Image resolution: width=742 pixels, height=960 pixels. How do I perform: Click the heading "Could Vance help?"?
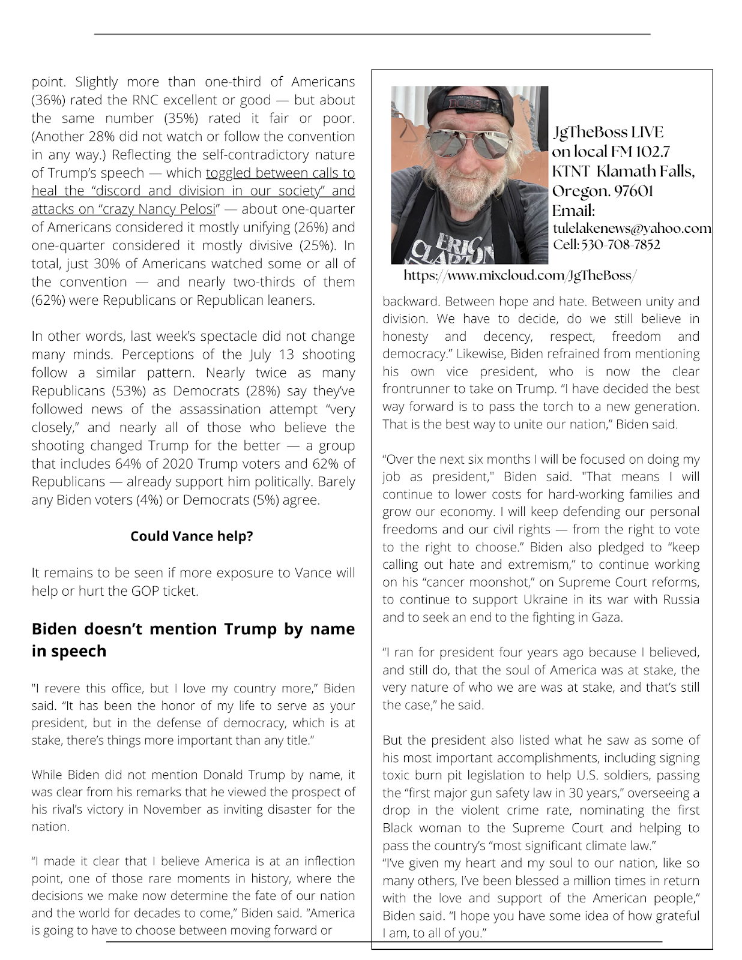click(192, 536)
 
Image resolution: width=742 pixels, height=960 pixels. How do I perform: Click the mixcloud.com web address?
click(520, 275)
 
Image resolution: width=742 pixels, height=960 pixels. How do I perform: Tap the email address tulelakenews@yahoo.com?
click(632, 228)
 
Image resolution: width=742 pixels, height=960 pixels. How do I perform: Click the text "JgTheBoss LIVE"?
click(608, 132)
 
